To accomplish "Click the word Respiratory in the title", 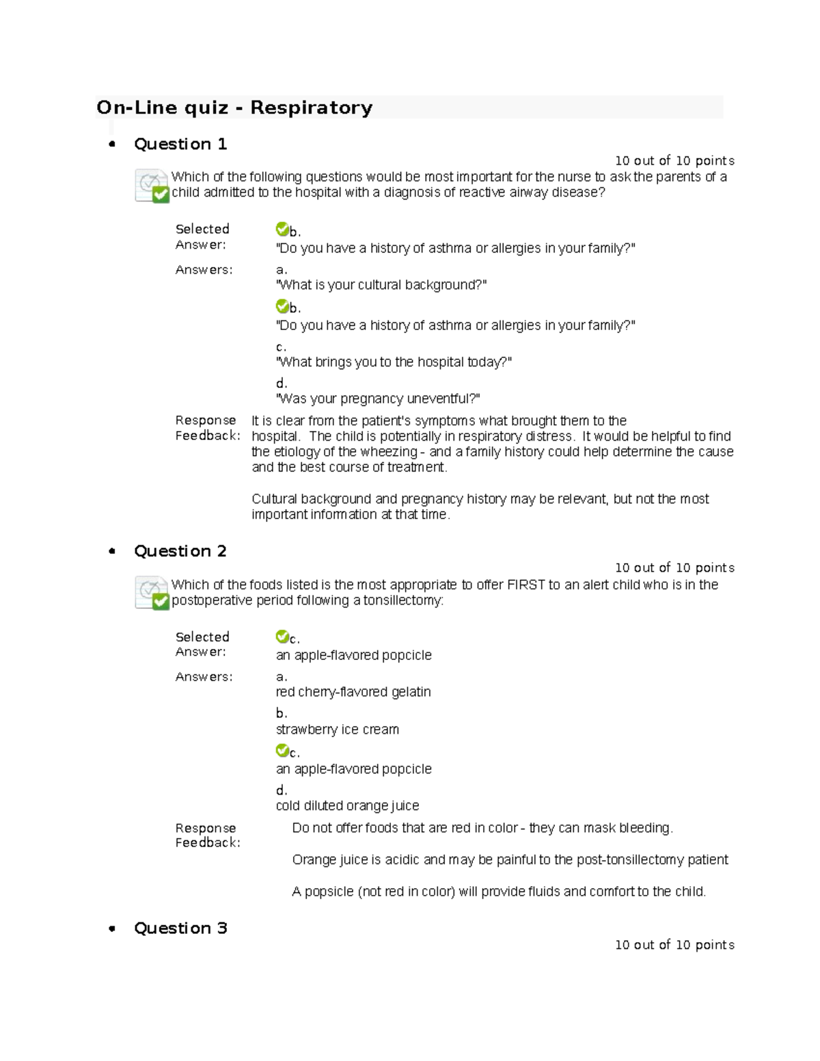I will click(x=311, y=108).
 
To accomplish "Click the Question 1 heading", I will click(x=180, y=144).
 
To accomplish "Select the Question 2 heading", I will click(x=180, y=551).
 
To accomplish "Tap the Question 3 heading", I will click(x=180, y=928).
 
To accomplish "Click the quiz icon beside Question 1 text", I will click(x=152, y=186).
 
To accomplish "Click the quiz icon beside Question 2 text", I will click(x=152, y=593).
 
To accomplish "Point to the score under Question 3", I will click(x=674, y=945).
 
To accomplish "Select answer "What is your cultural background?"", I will click(x=381, y=285).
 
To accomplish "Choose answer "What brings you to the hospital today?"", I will click(x=394, y=362).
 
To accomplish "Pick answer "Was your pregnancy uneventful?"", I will click(x=378, y=399).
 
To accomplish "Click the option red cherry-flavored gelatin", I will click(x=353, y=692).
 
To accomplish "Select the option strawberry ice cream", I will click(x=338, y=730).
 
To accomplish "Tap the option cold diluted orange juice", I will click(x=347, y=806).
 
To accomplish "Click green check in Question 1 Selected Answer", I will click(x=282, y=229).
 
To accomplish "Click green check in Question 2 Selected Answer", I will click(x=282, y=637).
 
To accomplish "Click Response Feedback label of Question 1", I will click(x=207, y=428).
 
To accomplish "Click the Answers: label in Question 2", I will click(x=204, y=677).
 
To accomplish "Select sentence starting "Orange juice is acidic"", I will click(x=510, y=860).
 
